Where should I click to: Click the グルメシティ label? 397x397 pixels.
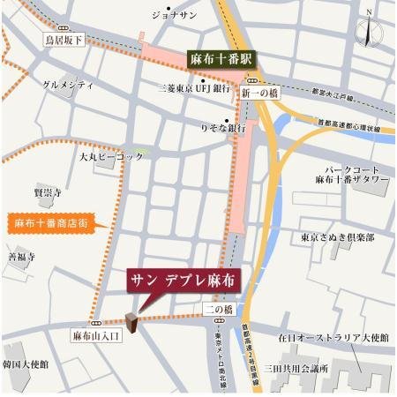pos(68,85)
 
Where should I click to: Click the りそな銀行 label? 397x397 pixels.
pos(221,128)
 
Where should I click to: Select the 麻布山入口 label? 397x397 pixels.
pos(94,335)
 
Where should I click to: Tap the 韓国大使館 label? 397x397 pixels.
pos(26,363)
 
